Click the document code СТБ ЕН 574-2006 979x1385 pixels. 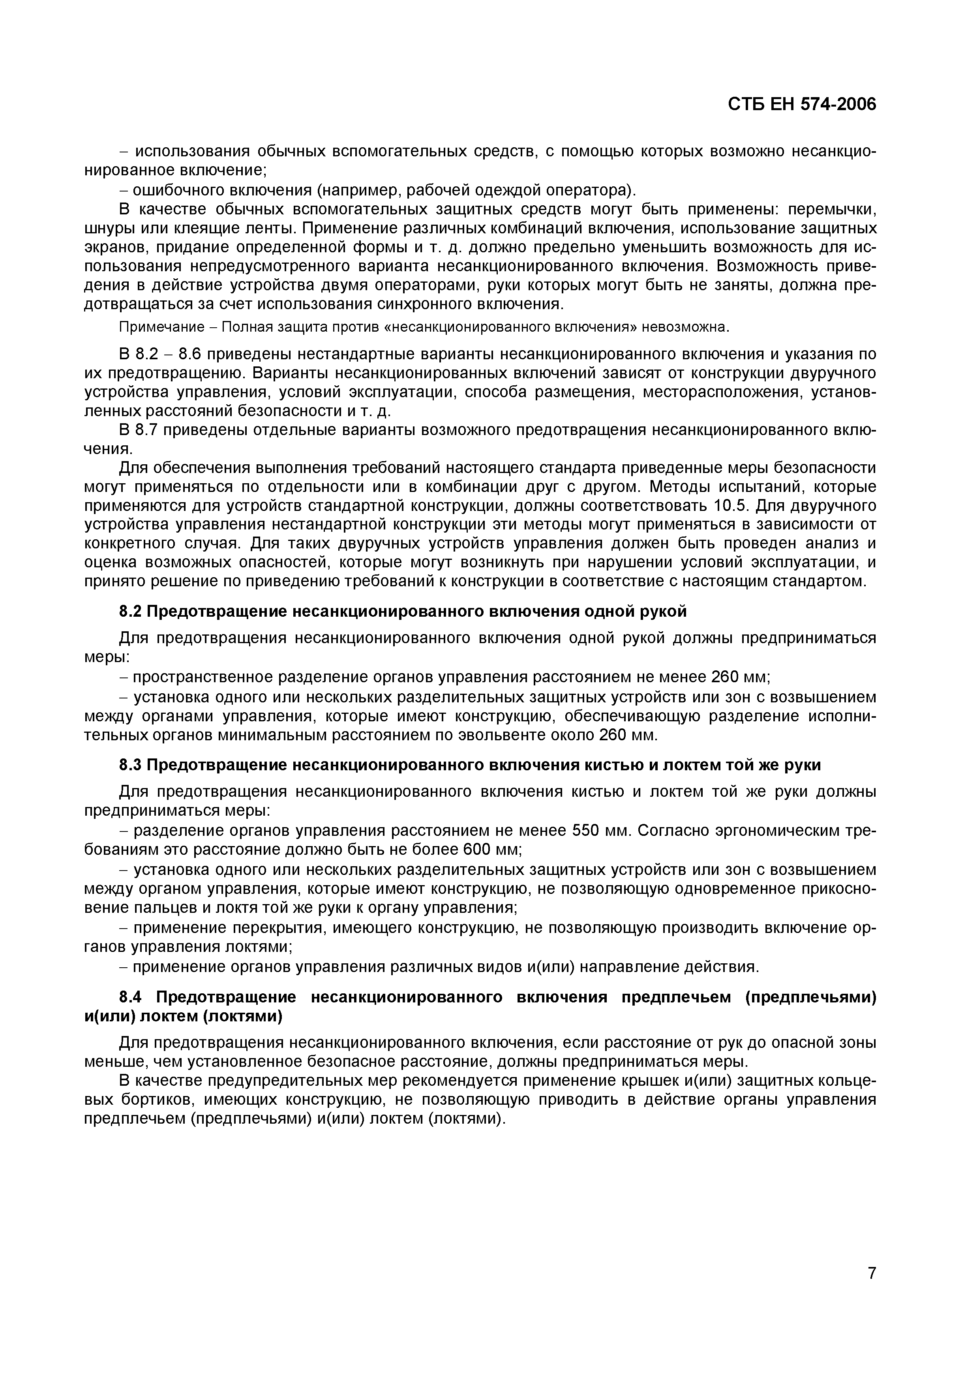coord(802,104)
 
